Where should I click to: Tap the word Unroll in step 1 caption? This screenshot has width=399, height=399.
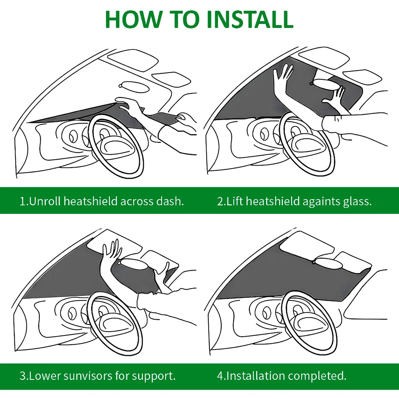click(45, 201)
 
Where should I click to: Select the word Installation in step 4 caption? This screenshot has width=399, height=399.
click(255, 375)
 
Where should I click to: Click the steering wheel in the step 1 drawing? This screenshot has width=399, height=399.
click(116, 146)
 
